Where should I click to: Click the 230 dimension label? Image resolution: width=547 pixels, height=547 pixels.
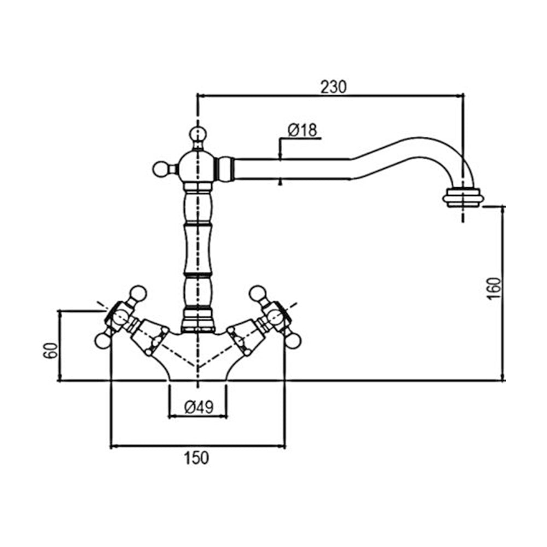[334, 87]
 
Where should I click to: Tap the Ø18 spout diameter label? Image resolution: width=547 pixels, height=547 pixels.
[302, 131]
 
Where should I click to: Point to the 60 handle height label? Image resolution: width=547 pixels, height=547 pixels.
[50, 351]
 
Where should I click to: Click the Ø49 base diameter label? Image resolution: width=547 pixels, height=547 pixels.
[199, 407]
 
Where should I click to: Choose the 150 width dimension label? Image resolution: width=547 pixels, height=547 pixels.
[196, 458]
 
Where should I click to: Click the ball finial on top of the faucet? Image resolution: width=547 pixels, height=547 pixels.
[198, 135]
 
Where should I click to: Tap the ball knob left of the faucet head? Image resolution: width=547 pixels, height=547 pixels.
[161, 170]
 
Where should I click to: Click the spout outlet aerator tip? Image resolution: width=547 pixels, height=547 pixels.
[463, 198]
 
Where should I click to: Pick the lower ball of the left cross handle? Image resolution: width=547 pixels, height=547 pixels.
[103, 340]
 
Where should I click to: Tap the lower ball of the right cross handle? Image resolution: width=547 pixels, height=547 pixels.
[293, 340]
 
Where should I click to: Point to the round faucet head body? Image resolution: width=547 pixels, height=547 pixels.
[198, 167]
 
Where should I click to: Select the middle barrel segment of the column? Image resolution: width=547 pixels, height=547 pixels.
[198, 249]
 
